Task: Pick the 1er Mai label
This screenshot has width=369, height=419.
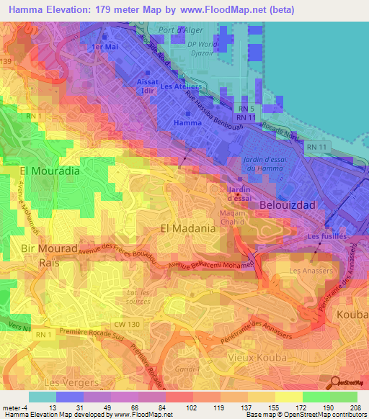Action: [x=105, y=45]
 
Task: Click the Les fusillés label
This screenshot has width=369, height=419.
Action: [x=327, y=235]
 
